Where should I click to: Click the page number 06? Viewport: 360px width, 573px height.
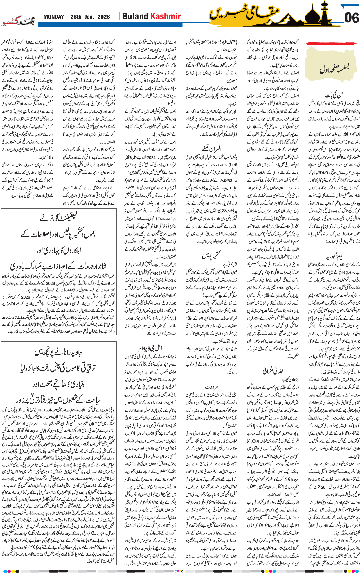pyautogui.click(x=351, y=18)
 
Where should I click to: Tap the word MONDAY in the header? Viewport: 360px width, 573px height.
pyautogui.click(x=54, y=17)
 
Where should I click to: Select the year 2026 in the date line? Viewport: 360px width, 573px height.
pyautogui.click(x=104, y=17)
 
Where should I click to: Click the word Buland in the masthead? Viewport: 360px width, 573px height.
pyautogui.click(x=135, y=17)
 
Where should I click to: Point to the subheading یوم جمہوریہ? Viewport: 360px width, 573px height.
pyautogui.click(x=334, y=256)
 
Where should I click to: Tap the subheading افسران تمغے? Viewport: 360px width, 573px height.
pyautogui.click(x=212, y=148)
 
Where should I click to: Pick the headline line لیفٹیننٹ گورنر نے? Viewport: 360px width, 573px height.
pyautogui.click(x=58, y=217)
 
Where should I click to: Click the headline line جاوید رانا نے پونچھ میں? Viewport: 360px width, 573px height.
pyautogui.click(x=58, y=352)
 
